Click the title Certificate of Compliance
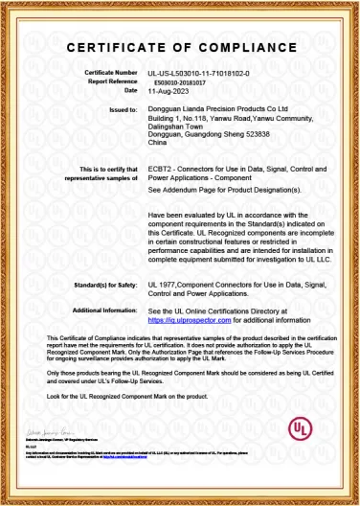click(180, 48)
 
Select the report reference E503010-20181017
click(179, 82)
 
